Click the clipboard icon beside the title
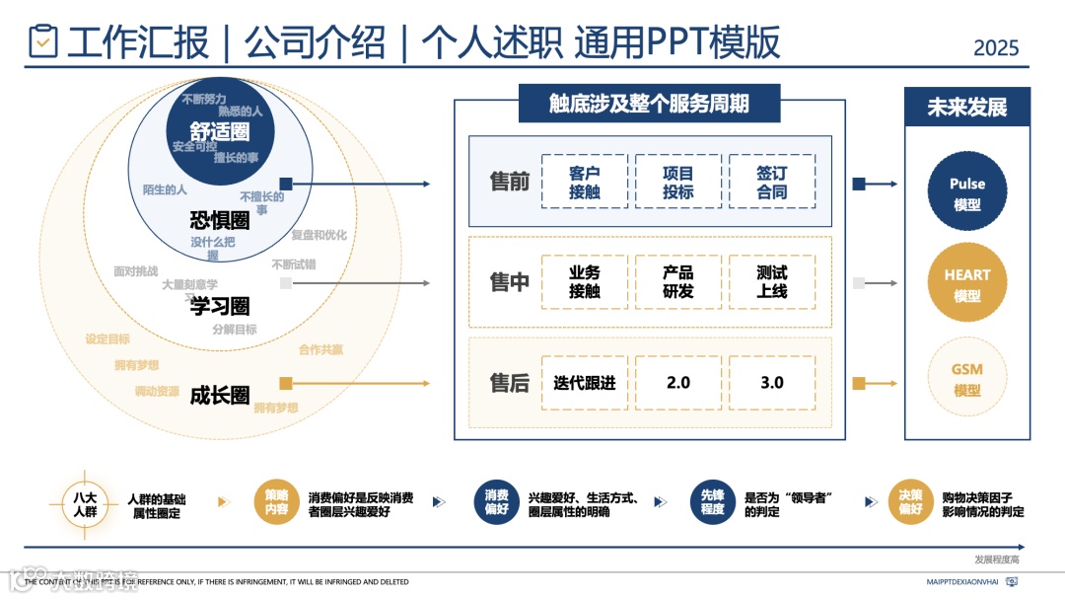[x=43, y=40]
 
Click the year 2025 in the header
[x=995, y=47]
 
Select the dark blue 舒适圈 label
[x=220, y=132]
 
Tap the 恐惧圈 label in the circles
[x=220, y=220]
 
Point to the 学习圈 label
[x=220, y=307]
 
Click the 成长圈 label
[x=220, y=395]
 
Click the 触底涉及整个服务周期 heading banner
[x=649, y=104]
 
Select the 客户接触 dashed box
[x=585, y=183]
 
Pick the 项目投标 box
[x=678, y=183]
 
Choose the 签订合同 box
[x=772, y=183]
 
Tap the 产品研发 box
[x=678, y=282]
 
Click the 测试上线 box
[x=772, y=282]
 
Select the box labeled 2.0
[x=678, y=383]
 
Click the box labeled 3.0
[x=772, y=383]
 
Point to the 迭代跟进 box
[x=585, y=383]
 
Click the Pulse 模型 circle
[x=967, y=193]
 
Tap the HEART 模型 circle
[x=967, y=284]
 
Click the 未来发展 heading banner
[x=966, y=108]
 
